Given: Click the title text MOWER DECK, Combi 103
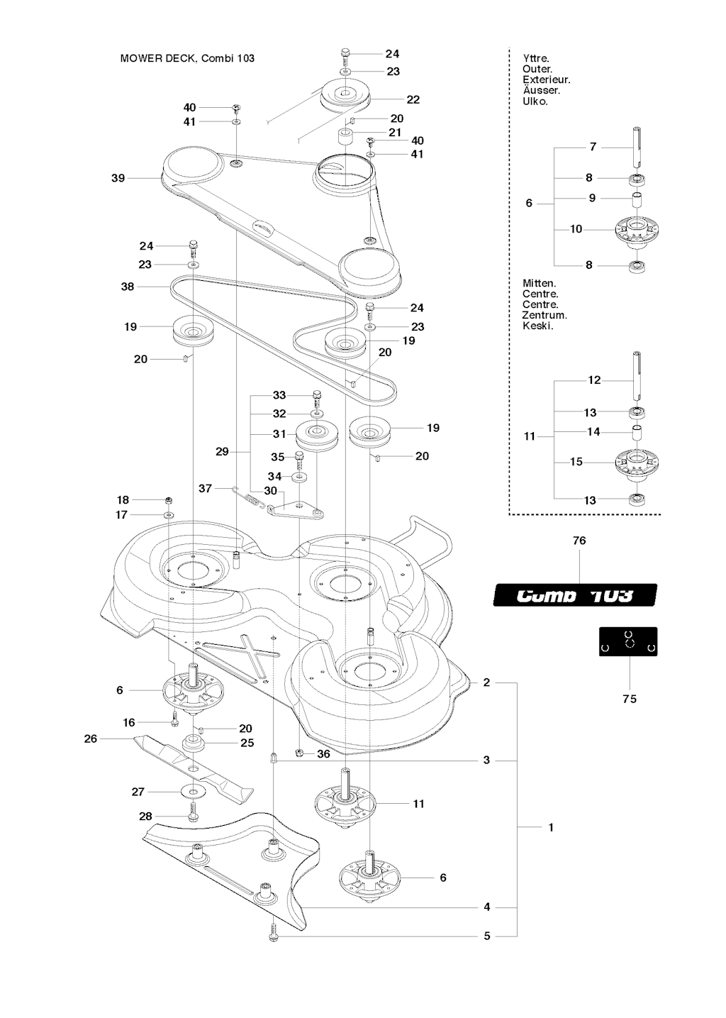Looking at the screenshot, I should tap(187, 58).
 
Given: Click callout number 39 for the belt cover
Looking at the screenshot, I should tap(118, 178).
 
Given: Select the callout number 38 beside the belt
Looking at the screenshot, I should tap(128, 287).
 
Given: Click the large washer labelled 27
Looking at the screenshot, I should tap(193, 790).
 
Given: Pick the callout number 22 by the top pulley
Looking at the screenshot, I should tap(413, 99).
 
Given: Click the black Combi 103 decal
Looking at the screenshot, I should tap(575, 594).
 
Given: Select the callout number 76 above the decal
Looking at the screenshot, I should tap(579, 541).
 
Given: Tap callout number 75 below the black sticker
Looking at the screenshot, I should tap(630, 699).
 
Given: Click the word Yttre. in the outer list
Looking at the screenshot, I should tap(536, 58).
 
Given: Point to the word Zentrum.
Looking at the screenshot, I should tap(544, 315).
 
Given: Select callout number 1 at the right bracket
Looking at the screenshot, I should tap(551, 827).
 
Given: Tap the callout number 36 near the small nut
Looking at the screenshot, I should tap(323, 754).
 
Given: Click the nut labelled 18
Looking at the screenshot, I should tap(169, 500).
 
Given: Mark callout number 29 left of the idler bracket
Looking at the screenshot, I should tap(222, 451).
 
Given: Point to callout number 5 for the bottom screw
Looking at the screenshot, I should tap(487, 936).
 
